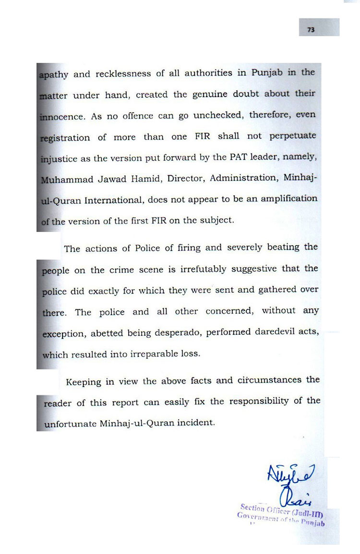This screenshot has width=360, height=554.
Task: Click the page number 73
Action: tap(311, 30)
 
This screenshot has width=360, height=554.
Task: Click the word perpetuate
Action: tap(293, 137)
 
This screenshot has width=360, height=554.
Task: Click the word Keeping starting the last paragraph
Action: tap(84, 382)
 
